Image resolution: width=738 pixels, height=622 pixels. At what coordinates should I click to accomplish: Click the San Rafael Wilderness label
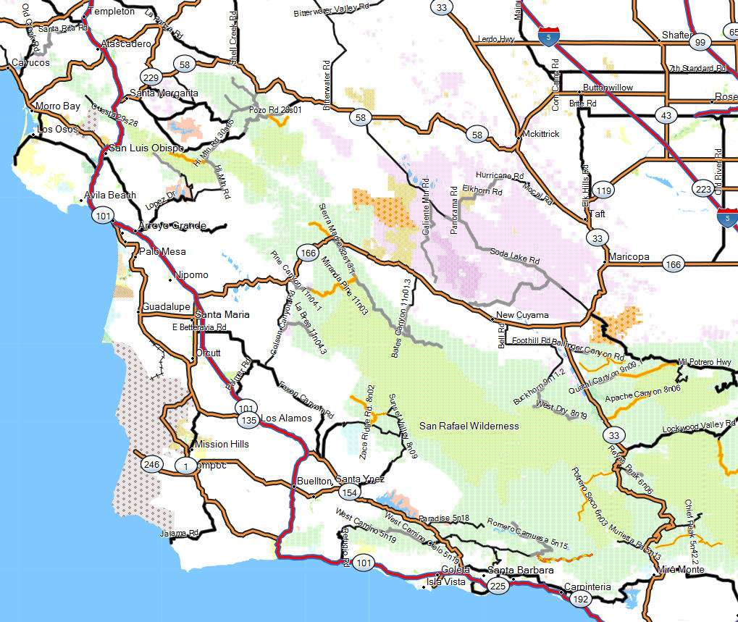tap(469, 426)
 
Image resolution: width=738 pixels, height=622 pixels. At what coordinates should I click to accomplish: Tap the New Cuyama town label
tap(523, 316)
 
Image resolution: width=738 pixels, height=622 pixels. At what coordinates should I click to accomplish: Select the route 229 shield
tap(151, 78)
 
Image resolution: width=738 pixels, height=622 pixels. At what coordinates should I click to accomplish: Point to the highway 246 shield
tap(151, 465)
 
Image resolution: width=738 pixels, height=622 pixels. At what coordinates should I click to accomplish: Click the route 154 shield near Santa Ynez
tap(349, 492)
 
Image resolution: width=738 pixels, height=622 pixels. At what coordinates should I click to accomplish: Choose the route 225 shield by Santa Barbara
tap(498, 587)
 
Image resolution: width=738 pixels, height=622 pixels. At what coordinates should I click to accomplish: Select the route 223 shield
tap(702, 189)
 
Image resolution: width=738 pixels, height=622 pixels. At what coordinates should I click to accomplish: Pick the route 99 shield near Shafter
tap(700, 43)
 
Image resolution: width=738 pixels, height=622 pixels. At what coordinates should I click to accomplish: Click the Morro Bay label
tap(57, 106)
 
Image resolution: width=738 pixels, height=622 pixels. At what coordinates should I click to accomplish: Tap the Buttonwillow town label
tap(608, 88)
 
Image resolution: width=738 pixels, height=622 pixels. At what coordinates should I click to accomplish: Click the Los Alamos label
tap(286, 418)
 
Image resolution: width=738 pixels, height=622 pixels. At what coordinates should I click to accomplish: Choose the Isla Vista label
tap(444, 581)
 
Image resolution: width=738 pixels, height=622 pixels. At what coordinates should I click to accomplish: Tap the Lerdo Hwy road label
tap(496, 39)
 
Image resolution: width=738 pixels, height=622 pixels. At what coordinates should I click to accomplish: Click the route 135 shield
tap(248, 420)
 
